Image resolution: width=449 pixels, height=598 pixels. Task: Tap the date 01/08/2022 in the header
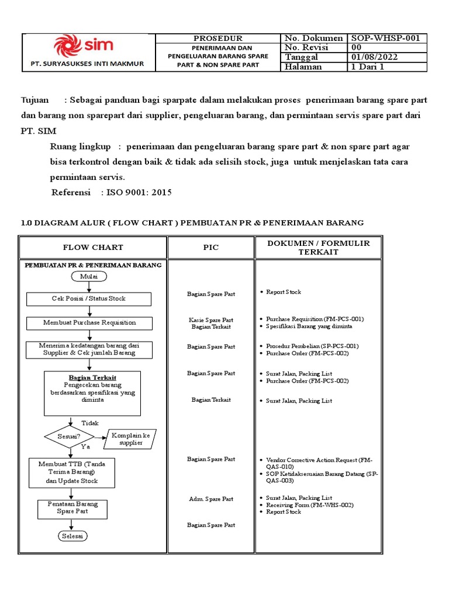pyautogui.click(x=375, y=57)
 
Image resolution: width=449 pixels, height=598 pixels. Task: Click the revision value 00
pyautogui.click(x=356, y=48)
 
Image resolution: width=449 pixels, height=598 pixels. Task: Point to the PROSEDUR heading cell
pyautogui.click(x=217, y=39)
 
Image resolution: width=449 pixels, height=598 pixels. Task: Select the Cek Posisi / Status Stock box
pyautogui.click(x=89, y=299)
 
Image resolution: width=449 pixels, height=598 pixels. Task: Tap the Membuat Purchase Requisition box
pyautogui.click(x=89, y=323)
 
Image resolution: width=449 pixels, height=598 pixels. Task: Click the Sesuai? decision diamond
pyautogui.click(x=70, y=436)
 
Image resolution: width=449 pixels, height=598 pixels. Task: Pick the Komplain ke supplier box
pyautogui.click(x=130, y=439)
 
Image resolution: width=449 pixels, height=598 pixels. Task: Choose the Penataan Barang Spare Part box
pyautogui.click(x=72, y=507)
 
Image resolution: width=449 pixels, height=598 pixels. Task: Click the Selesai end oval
pyautogui.click(x=72, y=536)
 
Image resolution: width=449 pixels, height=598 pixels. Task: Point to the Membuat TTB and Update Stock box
pyautogui.click(x=72, y=472)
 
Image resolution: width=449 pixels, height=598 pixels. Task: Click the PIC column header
pyautogui.click(x=211, y=248)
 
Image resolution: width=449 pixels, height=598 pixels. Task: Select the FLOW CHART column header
pyautogui.click(x=94, y=248)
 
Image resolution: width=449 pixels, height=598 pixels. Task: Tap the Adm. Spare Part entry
pyautogui.click(x=211, y=499)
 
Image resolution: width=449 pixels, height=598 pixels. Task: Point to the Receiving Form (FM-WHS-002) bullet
pyautogui.click(x=309, y=505)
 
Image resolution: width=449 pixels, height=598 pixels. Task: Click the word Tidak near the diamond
pyautogui.click(x=90, y=423)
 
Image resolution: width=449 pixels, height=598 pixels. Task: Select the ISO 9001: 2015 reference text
pyautogui.click(x=139, y=192)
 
